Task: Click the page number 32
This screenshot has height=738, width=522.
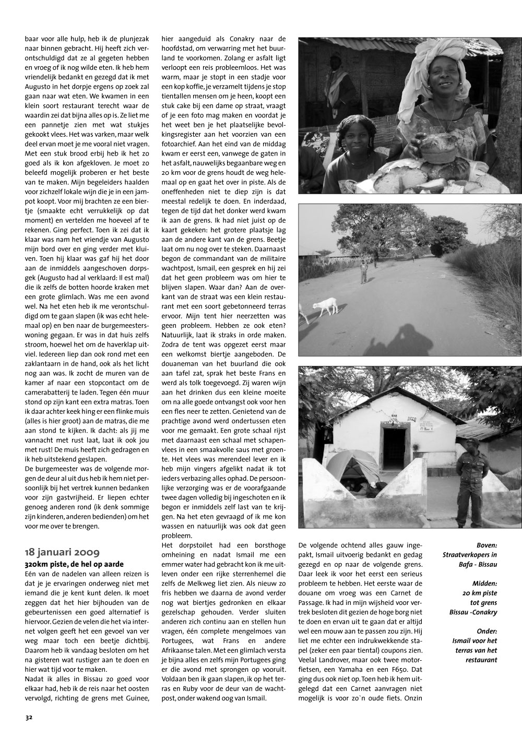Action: click(29, 717)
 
